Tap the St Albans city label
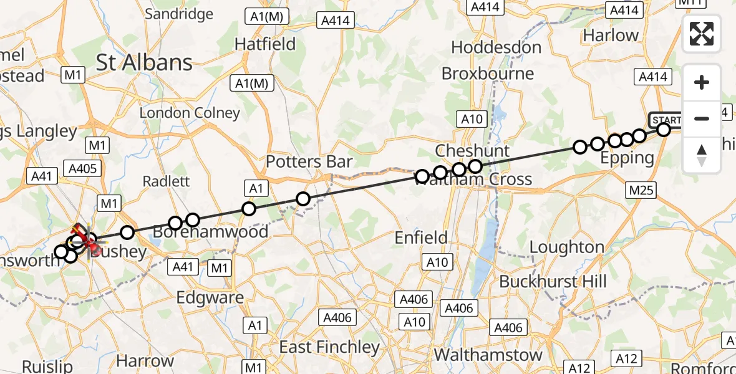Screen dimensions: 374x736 [x=144, y=62]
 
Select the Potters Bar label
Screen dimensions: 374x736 [x=309, y=162]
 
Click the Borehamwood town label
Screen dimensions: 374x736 [x=210, y=232]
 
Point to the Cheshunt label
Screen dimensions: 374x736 [x=472, y=151]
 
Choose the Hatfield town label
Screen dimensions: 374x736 [x=264, y=44]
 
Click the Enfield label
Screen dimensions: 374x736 [x=421, y=237]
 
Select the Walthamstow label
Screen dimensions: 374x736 [x=488, y=355]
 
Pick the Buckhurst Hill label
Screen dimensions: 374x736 [x=553, y=281]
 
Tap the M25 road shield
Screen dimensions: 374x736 [x=642, y=189]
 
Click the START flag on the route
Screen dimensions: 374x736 [x=666, y=119]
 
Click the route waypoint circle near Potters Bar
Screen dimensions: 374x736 [x=303, y=199]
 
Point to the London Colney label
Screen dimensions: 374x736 [x=190, y=113]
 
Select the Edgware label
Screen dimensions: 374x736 [x=210, y=297]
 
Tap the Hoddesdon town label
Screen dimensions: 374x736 [x=496, y=47]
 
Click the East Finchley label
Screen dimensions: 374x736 [x=329, y=347]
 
